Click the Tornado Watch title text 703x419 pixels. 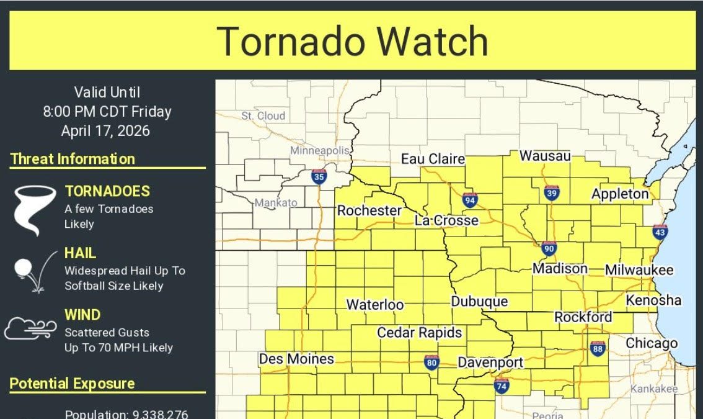353,41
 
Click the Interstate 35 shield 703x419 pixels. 319,177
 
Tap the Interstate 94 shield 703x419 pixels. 470,200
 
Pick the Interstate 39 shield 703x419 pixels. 551,193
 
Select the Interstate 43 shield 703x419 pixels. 660,232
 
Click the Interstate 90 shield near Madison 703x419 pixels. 548,248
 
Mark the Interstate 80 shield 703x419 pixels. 431,362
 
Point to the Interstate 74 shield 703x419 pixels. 502,385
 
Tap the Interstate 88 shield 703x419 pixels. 598,348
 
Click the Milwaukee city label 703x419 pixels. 639,270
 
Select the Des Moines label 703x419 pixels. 296,359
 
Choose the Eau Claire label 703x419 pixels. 433,159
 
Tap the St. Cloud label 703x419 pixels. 263,115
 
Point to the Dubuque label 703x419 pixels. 479,302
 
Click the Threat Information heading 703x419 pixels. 73,159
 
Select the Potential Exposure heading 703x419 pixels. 72,384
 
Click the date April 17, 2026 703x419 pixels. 105,131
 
